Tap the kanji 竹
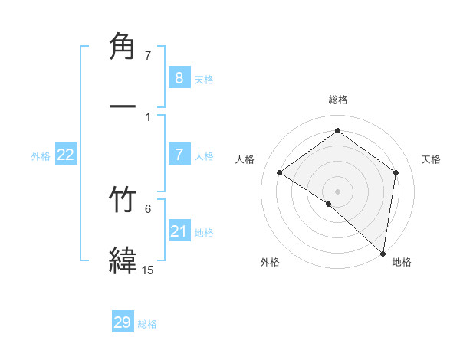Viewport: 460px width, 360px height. click(x=123, y=201)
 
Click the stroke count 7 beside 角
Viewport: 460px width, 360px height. click(x=148, y=56)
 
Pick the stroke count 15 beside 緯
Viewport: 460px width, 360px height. click(x=147, y=270)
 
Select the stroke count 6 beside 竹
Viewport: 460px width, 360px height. click(x=148, y=208)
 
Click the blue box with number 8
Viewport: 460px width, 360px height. click(x=179, y=78)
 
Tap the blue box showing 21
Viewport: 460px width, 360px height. click(x=179, y=231)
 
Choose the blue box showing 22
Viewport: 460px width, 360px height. click(x=65, y=155)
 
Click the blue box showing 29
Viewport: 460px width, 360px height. click(x=123, y=322)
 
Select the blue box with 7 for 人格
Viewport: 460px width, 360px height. click(x=179, y=155)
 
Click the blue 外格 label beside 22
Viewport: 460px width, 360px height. click(x=41, y=156)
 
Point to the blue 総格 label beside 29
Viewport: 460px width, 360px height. click(x=147, y=324)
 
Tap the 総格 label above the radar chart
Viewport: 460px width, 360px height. click(x=338, y=100)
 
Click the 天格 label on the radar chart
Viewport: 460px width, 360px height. click(x=432, y=159)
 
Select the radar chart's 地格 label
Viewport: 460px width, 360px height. click(x=402, y=262)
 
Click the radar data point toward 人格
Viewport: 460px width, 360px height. click(x=280, y=173)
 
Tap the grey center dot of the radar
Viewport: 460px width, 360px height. click(x=338, y=191)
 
